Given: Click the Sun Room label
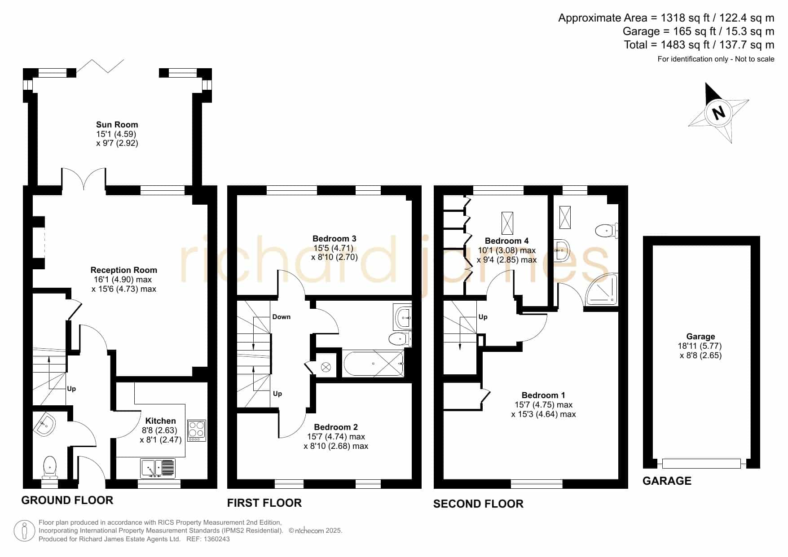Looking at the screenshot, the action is click(x=117, y=125).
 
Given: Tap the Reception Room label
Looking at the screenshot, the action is click(x=124, y=270).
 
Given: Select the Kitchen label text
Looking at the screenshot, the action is click(x=161, y=421).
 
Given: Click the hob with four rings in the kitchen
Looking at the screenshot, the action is click(x=197, y=430).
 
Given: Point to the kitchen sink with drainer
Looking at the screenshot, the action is click(x=158, y=469).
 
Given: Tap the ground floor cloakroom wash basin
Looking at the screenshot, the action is click(x=45, y=425).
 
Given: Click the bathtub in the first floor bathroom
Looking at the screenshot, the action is click(x=374, y=364).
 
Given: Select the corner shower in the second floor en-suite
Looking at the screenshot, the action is click(x=602, y=290).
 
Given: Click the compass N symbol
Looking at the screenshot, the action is click(x=719, y=112).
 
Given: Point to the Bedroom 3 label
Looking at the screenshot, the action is click(x=335, y=239).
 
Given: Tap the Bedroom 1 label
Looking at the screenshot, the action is click(x=543, y=395).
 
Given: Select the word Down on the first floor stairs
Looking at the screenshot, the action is click(x=282, y=317).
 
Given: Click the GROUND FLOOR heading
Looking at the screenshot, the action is click(x=67, y=500).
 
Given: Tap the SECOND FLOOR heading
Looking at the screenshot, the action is click(x=478, y=504).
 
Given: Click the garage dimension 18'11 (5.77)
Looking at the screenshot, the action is click(x=700, y=346).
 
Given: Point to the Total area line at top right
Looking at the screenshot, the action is click(x=699, y=45).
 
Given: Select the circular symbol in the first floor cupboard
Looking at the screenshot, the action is click(x=326, y=368).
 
